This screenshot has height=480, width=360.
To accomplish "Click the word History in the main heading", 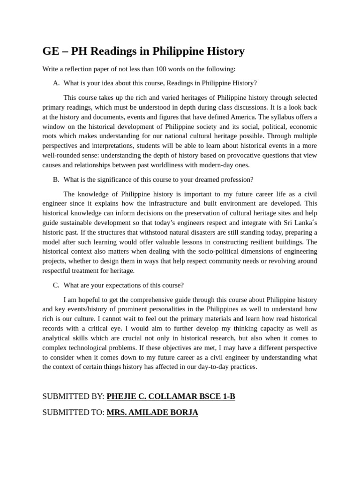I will [x=224, y=51].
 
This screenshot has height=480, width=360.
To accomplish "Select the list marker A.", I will [x=56, y=83].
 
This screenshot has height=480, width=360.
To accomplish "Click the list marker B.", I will [x=56, y=180].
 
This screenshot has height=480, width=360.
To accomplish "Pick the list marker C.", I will [x=56, y=285].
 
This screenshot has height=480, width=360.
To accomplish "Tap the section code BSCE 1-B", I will [x=216, y=397].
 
